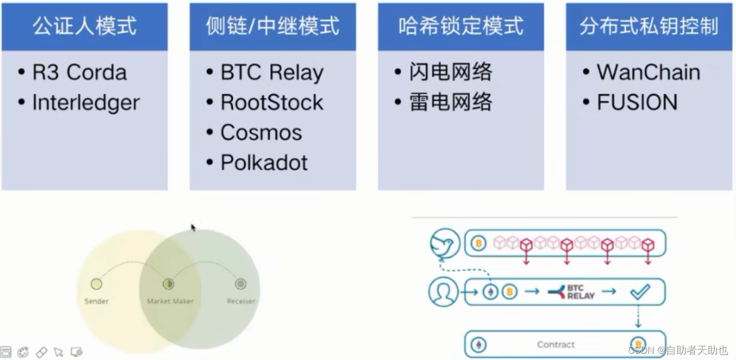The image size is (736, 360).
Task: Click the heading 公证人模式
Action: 84,26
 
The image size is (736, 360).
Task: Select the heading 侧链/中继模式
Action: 272,26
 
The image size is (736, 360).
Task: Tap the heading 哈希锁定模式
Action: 461,26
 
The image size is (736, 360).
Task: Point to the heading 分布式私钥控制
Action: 649,26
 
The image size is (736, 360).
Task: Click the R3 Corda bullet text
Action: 79,72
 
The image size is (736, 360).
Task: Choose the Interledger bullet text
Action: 86,103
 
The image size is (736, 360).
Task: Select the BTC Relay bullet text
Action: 272,73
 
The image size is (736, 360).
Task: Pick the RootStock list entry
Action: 272,103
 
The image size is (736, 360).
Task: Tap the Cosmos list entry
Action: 261,133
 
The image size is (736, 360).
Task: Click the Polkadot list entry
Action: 264,163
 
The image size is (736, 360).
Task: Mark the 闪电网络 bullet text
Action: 451,72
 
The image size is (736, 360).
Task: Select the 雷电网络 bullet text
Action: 451,103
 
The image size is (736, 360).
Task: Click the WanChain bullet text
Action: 648,72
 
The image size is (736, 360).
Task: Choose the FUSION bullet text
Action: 637,103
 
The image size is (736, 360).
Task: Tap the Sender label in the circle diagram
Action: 96,301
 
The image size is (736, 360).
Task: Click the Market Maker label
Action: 170,301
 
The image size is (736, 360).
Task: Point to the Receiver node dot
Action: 241,284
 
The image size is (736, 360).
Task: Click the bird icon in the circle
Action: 445,244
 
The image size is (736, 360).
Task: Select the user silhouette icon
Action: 443,292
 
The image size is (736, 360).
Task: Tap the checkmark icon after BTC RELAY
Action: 640,292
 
